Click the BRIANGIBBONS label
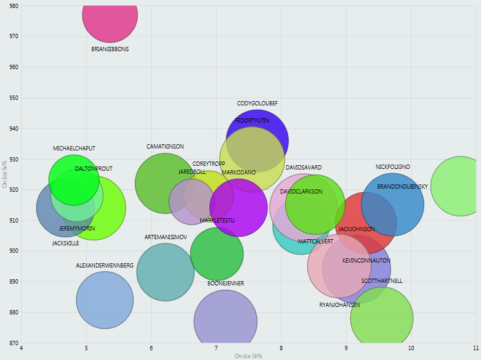[x=110, y=49]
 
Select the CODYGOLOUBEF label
[x=257, y=104]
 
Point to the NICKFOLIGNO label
[x=393, y=167]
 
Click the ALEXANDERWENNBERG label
[x=105, y=266]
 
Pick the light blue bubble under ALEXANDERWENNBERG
[x=105, y=300]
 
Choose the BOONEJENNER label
[x=226, y=284]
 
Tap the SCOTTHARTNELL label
[x=382, y=281]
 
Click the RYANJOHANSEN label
[x=339, y=305]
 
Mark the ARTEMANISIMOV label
[x=166, y=237]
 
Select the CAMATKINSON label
[x=165, y=147]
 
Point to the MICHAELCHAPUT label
[x=74, y=149]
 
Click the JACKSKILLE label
[x=65, y=243]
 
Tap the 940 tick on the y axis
[x=13, y=129]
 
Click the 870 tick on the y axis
[x=13, y=343]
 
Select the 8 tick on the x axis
[x=281, y=349]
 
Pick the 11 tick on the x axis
[x=476, y=349]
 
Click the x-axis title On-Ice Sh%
[x=248, y=356]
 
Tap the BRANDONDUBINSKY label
[x=403, y=187]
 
